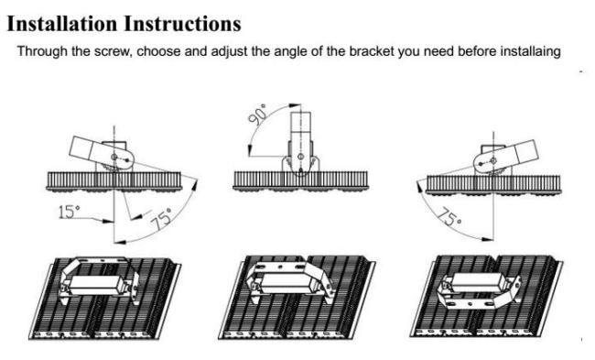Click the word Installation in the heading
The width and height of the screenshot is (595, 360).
point(62,24)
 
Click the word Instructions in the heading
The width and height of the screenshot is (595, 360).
point(182,24)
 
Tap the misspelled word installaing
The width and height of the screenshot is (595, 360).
point(531,51)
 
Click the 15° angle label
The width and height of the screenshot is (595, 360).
point(69,212)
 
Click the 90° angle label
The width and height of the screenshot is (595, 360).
point(257,114)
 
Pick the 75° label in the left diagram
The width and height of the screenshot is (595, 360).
point(160,219)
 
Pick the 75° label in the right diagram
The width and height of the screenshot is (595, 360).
point(449,217)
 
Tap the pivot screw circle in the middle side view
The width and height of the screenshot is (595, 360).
point(300,157)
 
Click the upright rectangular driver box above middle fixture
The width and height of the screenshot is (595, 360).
point(300,127)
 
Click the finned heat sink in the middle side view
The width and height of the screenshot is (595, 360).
point(300,180)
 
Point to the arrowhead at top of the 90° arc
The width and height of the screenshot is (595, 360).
point(295,105)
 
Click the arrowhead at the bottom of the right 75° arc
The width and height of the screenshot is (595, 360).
point(487,239)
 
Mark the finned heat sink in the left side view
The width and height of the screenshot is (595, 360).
point(114,181)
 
